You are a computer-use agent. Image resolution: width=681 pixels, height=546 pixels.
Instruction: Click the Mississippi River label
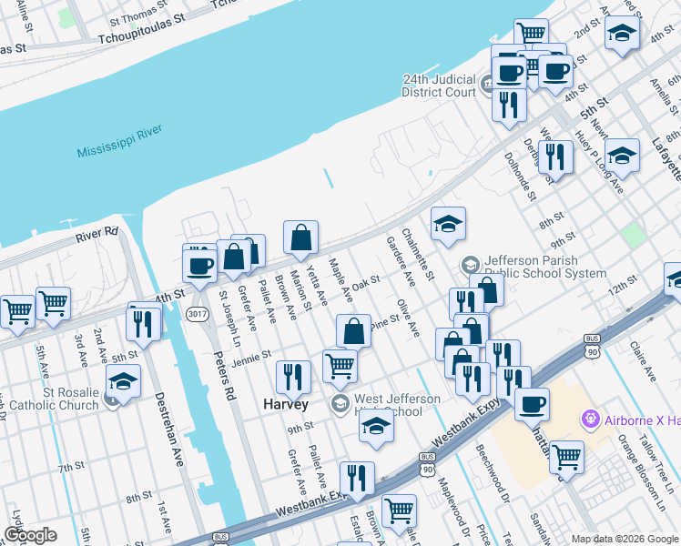point(119,140)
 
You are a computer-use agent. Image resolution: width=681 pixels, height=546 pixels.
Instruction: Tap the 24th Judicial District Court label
point(440,86)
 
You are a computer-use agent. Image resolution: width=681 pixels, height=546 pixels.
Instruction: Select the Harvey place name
point(286,403)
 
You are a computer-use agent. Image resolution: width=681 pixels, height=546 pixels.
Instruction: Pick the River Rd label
point(97,235)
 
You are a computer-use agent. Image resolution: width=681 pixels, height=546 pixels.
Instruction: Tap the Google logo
point(29,534)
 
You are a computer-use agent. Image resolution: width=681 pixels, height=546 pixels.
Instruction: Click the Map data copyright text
point(625,539)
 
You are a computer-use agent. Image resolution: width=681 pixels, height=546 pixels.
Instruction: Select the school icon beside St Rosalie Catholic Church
point(124,380)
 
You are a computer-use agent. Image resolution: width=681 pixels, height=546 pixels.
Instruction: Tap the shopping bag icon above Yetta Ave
point(300,238)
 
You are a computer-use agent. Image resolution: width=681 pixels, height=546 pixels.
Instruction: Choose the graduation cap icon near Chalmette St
point(448,225)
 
